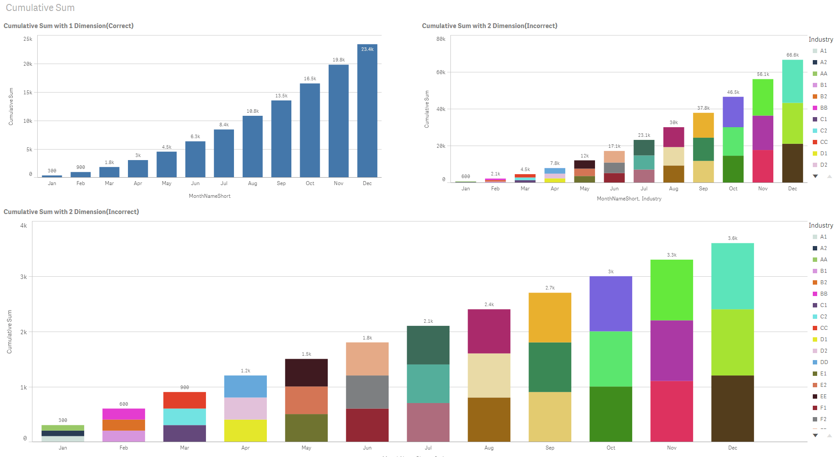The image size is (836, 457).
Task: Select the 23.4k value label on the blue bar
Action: [367, 49]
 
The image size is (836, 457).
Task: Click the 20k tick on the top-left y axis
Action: [28, 64]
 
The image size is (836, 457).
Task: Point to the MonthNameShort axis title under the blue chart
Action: [209, 196]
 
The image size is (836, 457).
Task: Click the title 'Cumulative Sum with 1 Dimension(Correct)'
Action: [69, 26]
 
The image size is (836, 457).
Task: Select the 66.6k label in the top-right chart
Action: [792, 55]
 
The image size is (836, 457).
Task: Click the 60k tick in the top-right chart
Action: [441, 72]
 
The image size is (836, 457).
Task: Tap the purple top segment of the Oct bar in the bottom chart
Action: [610, 303]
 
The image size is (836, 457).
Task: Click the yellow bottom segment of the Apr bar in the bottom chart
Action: [245, 431]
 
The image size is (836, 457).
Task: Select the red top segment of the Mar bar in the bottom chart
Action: [184, 400]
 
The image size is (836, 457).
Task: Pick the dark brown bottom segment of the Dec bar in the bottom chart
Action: [732, 408]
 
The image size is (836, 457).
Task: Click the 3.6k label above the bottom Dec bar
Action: [732, 239]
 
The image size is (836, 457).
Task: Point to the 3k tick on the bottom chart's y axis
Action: [24, 277]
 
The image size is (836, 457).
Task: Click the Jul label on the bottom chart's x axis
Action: [428, 448]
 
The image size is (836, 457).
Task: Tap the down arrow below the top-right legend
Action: [815, 176]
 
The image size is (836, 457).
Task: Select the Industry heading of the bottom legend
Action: [820, 225]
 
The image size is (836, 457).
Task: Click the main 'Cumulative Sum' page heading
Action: [40, 8]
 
